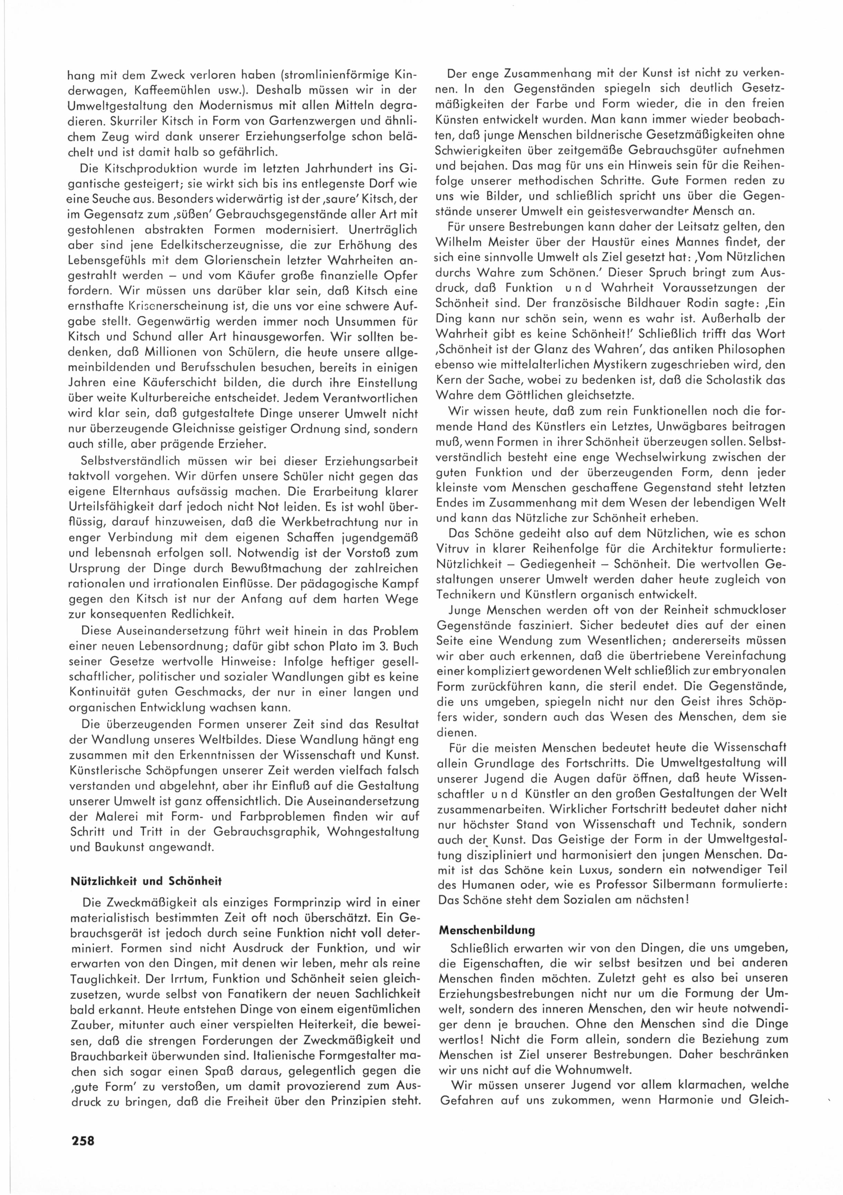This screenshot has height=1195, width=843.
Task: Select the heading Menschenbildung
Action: (x=487, y=929)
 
